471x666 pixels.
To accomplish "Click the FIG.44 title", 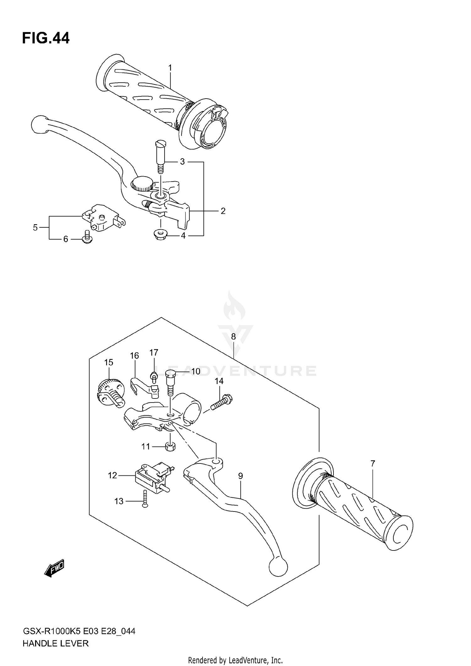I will coord(46,38).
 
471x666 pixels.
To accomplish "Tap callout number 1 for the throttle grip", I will coord(170,68).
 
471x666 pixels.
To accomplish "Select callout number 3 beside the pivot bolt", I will coord(182,162).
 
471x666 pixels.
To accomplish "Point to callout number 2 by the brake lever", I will coord(223,211).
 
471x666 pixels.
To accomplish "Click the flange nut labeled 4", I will coord(160,234).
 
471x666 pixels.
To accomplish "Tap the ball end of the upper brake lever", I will coord(39,124).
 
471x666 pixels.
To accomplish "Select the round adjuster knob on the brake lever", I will coord(142,183).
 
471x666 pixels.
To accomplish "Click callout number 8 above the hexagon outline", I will coord(233,337).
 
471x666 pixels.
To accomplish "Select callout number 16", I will coord(134,356).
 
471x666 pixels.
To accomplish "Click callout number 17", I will coord(154,353).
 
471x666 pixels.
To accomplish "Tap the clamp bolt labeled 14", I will coord(222,403).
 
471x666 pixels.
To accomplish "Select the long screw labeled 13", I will coord(145,498).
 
